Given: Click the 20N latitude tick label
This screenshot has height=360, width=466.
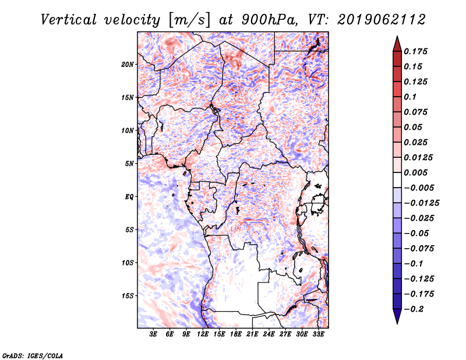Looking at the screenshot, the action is coord(128,65).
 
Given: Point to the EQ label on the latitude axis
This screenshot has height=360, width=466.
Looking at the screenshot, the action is coord(129,197).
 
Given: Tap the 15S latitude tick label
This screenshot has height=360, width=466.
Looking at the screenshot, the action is coord(128,296).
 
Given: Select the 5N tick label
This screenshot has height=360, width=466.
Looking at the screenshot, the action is coord(129,164).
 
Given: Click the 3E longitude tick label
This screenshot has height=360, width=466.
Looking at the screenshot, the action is coord(153,334).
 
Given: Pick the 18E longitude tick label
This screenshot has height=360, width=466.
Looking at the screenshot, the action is coord(236,334).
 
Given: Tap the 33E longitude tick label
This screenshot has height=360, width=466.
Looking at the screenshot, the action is coord(318,334).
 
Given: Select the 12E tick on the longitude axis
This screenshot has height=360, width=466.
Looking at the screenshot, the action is coord(203,334).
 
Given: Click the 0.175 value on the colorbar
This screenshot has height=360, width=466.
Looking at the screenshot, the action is coord(415,51).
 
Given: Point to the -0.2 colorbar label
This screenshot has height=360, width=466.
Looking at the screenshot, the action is coord(414,309).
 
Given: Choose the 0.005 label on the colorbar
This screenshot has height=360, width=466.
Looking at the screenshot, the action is coord(415,172).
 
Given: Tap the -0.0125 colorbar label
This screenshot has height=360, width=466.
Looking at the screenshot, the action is coord(421,203).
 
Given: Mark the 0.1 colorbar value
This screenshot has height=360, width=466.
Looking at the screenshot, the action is coord(410,97).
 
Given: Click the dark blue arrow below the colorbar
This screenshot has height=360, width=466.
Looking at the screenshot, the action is coord(397,316).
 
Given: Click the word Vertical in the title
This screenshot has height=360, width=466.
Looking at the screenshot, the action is coord(68,20).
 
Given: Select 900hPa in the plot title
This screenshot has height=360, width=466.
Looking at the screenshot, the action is coord(269,20).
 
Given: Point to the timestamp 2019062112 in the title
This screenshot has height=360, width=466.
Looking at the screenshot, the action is coord(382,20).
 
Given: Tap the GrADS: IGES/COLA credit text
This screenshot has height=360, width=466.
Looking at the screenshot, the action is coord(33,356).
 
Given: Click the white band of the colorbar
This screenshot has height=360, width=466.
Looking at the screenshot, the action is coord(397,180).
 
